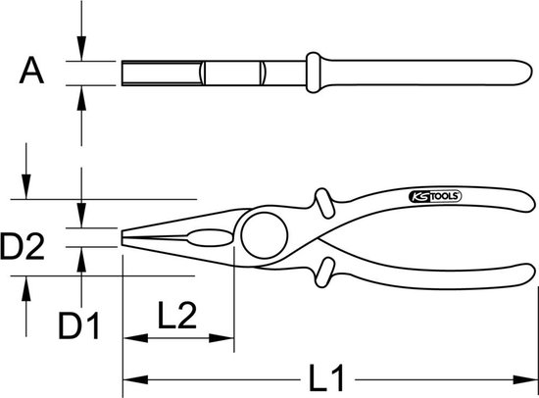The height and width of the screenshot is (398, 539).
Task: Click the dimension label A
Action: tap(31, 71)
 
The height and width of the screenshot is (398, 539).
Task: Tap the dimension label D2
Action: tap(23, 246)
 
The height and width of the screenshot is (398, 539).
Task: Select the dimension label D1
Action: tap(79, 325)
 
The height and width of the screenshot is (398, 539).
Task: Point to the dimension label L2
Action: tap(177, 315)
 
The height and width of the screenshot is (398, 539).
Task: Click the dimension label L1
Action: tap(326, 378)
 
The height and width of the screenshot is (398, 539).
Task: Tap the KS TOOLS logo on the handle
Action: tap(435, 196)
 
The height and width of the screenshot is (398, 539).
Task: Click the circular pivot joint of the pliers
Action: tap(265, 235)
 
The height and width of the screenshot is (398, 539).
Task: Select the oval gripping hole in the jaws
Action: tap(210, 237)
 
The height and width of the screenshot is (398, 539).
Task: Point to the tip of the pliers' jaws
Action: tap(122, 237)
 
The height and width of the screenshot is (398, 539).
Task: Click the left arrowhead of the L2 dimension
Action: tap(135, 338)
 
